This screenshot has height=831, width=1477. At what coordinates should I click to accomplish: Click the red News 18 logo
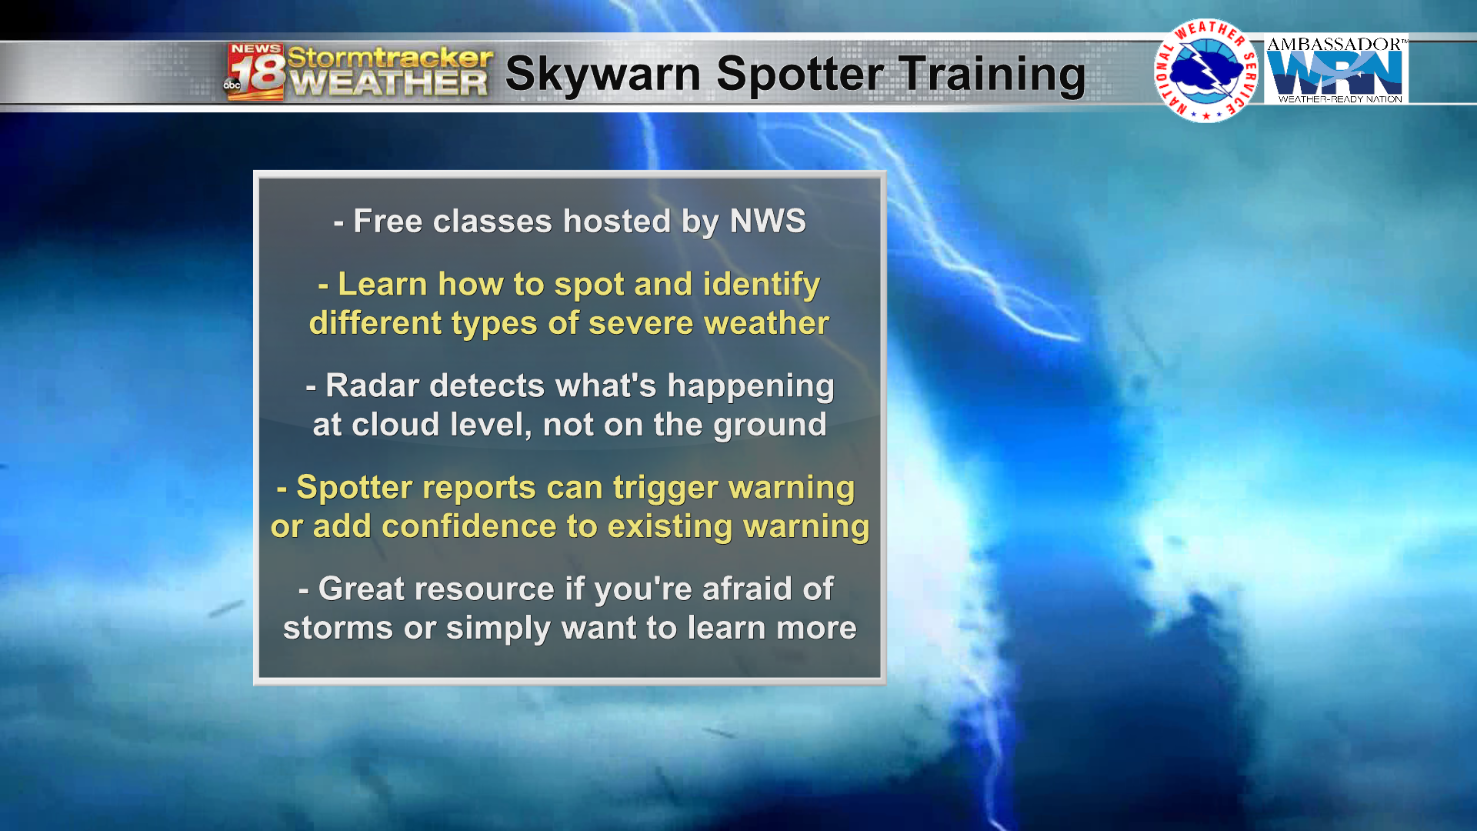click(255, 72)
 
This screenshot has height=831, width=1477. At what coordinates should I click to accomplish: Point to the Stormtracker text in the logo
click(390, 57)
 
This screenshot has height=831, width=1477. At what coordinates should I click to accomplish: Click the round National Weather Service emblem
click(1206, 71)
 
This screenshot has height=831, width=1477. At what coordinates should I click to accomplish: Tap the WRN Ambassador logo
click(1336, 69)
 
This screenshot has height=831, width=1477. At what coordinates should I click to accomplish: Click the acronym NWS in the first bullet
click(768, 222)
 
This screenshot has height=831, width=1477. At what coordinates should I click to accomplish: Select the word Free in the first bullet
click(388, 222)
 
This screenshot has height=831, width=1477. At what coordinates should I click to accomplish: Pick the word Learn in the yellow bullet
click(382, 284)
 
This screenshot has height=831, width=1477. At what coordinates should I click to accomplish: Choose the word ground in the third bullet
click(770, 426)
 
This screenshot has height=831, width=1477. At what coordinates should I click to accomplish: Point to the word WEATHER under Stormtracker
click(389, 83)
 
